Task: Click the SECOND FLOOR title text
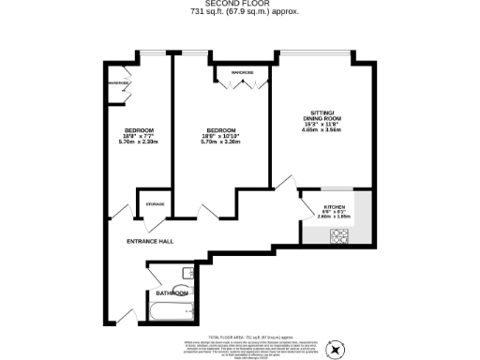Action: point(239,5)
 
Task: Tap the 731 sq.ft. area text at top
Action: point(239,13)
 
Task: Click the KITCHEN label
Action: point(335,206)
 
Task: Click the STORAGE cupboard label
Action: point(155,203)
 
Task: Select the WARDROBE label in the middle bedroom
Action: point(243,72)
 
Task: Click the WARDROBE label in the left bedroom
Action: point(119,83)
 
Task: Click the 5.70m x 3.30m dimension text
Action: point(220,142)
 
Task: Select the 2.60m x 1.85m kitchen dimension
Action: point(335,217)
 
